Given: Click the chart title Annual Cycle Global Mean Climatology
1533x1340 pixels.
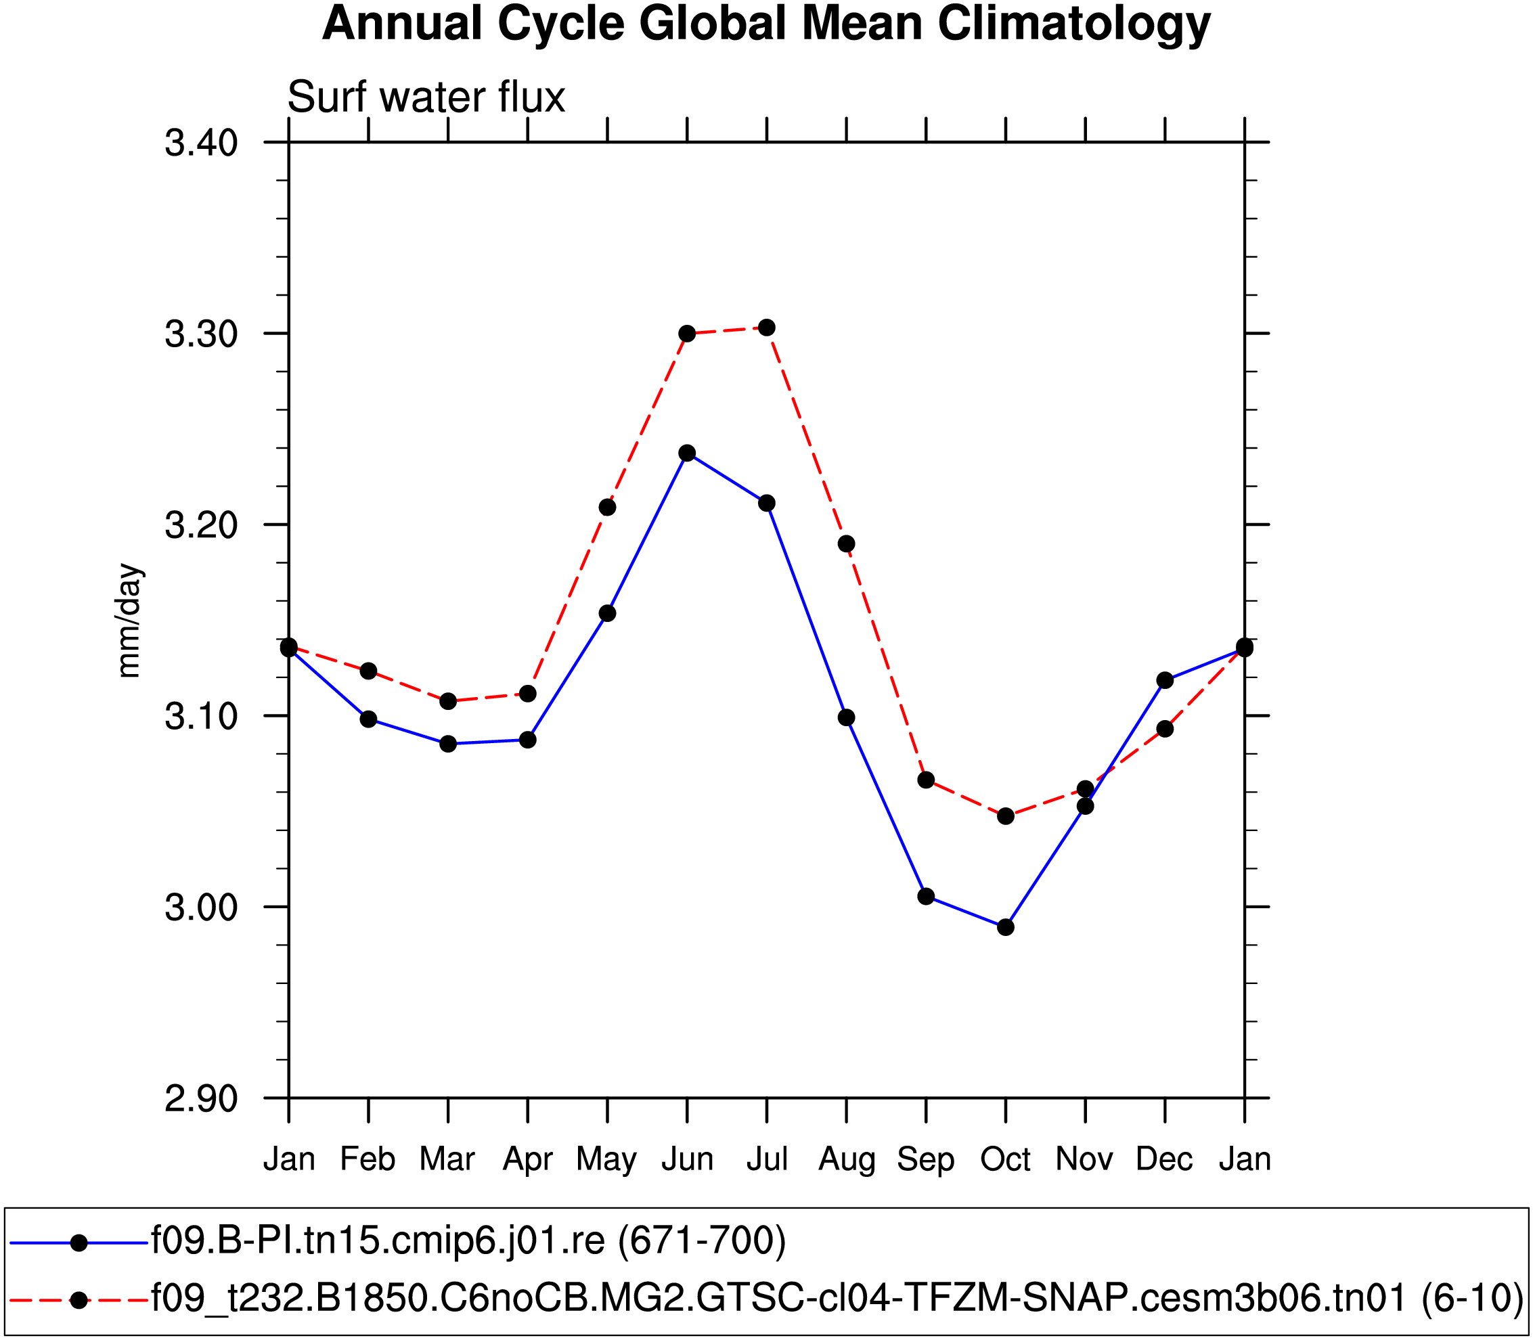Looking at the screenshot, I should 765,24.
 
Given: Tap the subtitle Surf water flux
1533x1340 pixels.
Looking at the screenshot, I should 426,97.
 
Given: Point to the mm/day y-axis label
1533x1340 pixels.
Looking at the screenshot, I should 129,621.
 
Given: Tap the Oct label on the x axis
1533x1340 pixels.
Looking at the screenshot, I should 1006,1160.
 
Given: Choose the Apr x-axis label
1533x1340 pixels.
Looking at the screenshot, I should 527,1160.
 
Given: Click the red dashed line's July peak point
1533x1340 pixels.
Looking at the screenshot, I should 766,328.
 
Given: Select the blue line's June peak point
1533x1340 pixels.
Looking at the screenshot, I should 687,453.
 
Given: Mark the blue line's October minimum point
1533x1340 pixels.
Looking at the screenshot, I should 1006,927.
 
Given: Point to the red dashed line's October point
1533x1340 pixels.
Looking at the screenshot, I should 1006,816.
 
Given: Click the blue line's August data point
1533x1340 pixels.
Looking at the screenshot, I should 847,718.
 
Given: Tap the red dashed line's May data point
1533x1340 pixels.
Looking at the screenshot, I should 607,508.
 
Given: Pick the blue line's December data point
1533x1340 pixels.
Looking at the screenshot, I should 1165,680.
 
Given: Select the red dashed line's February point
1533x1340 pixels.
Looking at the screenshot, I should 369,671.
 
